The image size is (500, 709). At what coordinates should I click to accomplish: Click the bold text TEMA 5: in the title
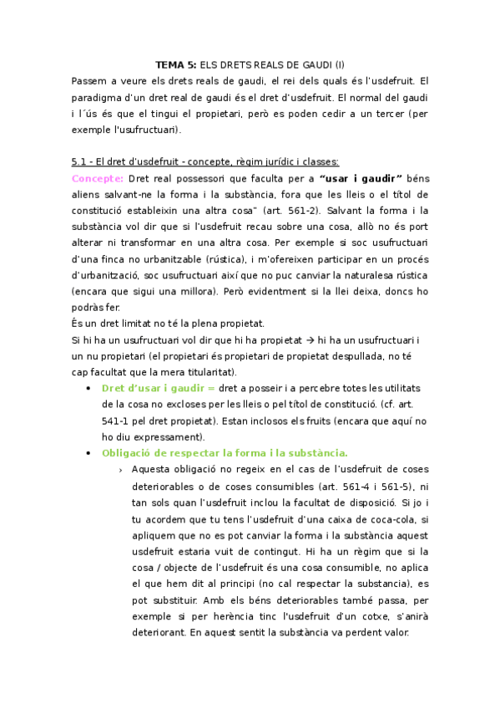pos(175,65)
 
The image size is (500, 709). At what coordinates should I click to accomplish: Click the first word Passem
pos(92,81)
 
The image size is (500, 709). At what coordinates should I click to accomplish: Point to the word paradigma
pos(101,97)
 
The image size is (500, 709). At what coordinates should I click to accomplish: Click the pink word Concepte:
pos(98,177)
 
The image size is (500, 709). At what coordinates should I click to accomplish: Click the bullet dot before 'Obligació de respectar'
pos(88,452)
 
